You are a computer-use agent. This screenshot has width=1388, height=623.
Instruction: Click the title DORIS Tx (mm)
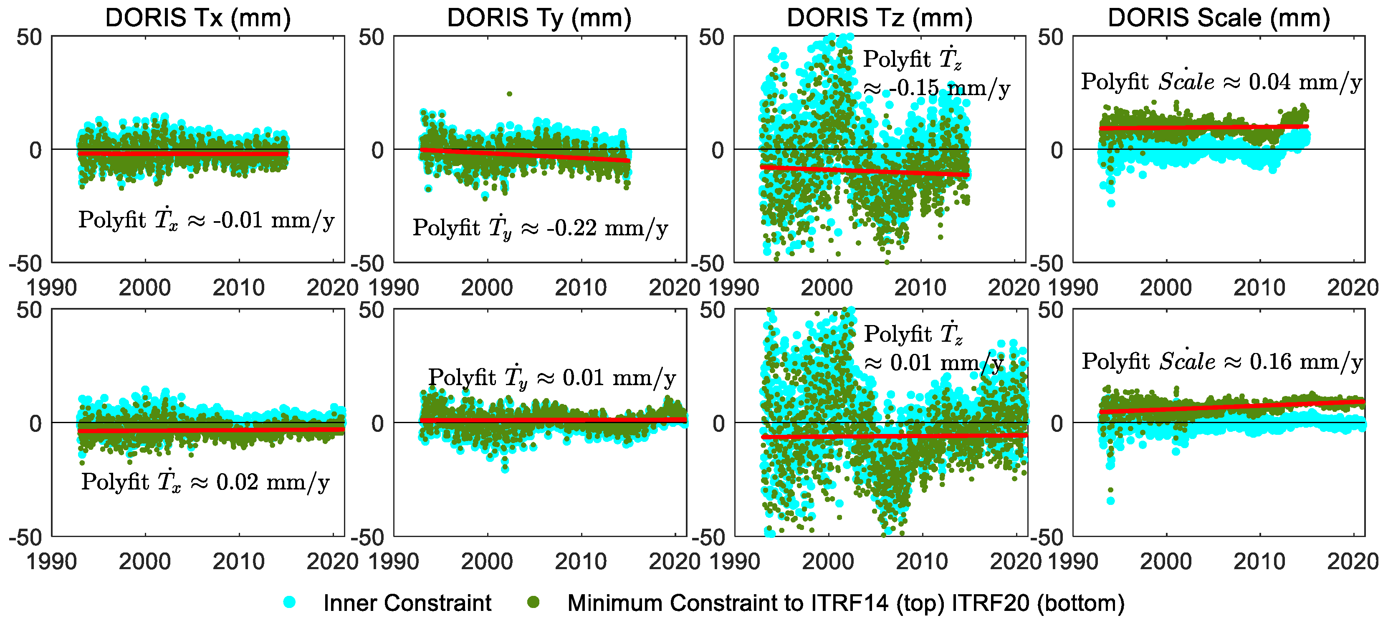point(198,18)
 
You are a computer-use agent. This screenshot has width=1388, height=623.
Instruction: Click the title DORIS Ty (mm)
point(539,18)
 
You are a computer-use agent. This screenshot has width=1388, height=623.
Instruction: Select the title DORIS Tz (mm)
point(880,18)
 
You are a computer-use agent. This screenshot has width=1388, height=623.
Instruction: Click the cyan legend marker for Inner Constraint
point(289,602)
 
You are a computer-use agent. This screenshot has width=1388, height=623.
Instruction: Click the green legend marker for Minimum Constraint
point(533,602)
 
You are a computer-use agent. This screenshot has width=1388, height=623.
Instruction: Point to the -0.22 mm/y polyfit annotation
point(540,228)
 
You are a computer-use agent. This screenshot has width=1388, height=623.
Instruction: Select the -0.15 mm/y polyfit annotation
point(936,74)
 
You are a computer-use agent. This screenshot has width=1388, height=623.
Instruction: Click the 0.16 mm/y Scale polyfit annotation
point(1222,361)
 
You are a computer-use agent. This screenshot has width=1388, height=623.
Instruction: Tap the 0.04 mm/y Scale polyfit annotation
point(1221,82)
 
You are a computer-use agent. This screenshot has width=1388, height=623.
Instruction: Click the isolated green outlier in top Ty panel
point(509,94)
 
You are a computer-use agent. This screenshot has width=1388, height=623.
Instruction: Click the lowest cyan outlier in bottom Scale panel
point(1110,501)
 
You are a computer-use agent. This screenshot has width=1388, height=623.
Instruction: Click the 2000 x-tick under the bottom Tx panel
point(144,562)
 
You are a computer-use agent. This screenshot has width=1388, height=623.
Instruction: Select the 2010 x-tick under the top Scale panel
point(1259,288)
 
